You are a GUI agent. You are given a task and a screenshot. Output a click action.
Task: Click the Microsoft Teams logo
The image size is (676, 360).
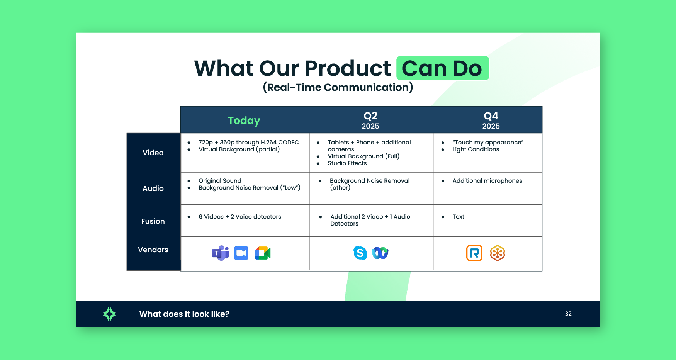pos(221,253)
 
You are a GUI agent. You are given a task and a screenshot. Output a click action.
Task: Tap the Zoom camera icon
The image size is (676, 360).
pos(241,253)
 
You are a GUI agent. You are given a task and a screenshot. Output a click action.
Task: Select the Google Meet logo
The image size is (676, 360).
pos(263,253)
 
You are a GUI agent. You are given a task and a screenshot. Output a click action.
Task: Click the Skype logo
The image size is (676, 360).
pos(360,253)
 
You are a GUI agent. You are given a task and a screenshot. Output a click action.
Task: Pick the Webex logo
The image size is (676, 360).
pos(380,253)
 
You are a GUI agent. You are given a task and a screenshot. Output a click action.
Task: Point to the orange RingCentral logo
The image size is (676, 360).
pos(474,253)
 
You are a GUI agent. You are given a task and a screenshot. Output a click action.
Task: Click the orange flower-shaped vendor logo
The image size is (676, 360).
pos(498,253)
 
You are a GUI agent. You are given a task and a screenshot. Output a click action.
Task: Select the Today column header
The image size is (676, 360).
pos(244,121)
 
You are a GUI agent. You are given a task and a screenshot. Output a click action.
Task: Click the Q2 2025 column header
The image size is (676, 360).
pos(370,121)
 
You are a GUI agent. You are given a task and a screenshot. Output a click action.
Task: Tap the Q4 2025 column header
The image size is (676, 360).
pos(491,121)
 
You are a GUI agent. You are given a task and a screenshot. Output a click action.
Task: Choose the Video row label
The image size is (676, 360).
pos(153,153)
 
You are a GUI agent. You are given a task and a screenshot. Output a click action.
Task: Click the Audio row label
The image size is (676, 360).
pos(153,188)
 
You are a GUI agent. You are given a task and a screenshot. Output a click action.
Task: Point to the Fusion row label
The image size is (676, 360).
pos(153,221)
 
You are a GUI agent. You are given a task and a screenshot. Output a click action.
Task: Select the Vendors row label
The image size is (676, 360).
pos(153,250)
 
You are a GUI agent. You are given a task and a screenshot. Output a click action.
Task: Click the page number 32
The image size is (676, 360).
pos(568,314)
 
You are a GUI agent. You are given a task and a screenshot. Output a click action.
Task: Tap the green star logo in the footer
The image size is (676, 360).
pos(110,314)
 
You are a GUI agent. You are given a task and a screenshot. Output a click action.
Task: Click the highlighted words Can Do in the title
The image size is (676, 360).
pos(442,68)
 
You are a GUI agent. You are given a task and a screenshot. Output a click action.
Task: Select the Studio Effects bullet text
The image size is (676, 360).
pos(347,163)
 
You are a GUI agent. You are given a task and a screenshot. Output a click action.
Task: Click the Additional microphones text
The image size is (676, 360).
pos(487,181)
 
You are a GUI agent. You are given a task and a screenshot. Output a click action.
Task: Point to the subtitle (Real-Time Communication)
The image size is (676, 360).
pos(338,87)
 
